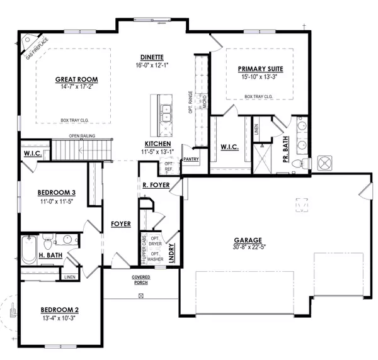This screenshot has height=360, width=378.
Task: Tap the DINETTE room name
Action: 152,57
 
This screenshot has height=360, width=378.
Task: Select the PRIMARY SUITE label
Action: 260,69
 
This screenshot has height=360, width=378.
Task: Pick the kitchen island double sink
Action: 165,114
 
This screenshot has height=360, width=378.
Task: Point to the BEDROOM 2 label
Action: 59,310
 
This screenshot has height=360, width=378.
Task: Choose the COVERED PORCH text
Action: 140,280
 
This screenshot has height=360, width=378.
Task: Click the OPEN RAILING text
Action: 83,135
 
